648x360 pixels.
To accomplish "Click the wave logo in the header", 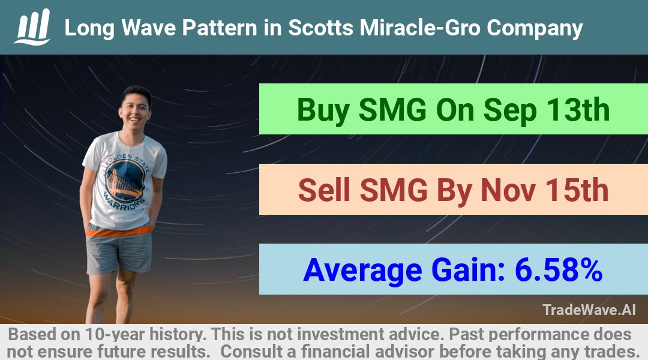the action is (x=32, y=27).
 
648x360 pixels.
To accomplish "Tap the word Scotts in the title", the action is (x=320, y=28).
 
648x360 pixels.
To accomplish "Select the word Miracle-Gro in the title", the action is (x=420, y=28).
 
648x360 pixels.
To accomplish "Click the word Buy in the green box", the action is (x=323, y=110).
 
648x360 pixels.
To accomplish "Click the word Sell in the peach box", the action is (x=324, y=190).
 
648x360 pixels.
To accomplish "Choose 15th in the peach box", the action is (x=577, y=190).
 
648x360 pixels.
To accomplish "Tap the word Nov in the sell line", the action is (x=508, y=190).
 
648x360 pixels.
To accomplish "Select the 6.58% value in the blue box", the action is (x=559, y=271).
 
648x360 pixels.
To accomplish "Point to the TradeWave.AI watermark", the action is (x=589, y=310).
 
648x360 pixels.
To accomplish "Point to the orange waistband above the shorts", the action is (x=119, y=230).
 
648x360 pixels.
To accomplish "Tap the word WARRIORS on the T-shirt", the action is (x=125, y=201).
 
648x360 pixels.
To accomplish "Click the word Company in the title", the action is (x=535, y=29).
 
